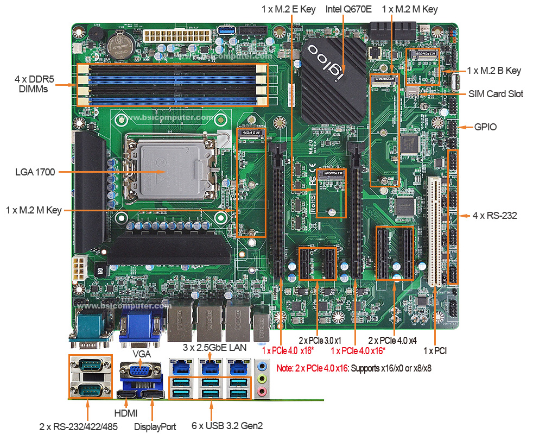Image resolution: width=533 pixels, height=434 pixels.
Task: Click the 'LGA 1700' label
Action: pyautogui.click(x=34, y=172)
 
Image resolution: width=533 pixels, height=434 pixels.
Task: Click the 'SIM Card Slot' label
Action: pyautogui.click(x=496, y=94)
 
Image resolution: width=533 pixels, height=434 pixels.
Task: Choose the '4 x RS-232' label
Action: pyautogui.click(x=494, y=216)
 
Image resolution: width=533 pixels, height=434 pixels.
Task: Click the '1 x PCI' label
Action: pyautogui.click(x=435, y=351)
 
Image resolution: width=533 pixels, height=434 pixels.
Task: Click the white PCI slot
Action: pyautogui.click(x=434, y=231)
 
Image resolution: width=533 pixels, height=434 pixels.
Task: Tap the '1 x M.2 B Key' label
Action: pyautogui.click(x=494, y=71)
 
